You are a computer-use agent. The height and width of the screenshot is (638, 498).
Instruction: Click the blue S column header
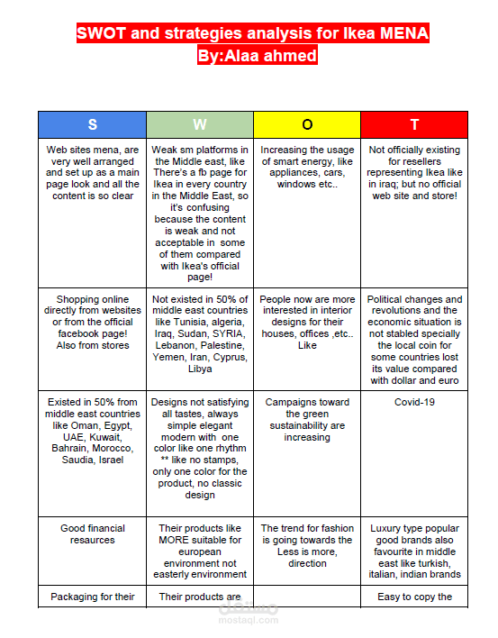tap(92, 124)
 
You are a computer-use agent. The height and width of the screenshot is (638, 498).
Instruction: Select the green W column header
tap(199, 124)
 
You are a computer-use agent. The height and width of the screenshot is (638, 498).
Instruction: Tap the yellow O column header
tap(307, 124)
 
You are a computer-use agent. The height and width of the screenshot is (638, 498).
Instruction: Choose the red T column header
tap(414, 124)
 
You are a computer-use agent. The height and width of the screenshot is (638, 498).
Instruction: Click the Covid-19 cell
tap(414, 402)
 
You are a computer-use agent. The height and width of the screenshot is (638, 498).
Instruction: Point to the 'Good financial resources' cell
tap(92, 534)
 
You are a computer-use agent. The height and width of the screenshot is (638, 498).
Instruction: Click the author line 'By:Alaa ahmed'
tap(257, 56)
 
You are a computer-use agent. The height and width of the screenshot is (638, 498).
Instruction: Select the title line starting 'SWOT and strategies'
tap(252, 34)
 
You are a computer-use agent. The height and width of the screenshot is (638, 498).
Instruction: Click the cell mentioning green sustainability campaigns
tap(307, 419)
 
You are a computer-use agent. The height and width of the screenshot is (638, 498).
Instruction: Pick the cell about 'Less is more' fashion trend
tap(307, 546)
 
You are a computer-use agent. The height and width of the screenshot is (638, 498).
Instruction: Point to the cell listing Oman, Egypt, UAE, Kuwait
tap(92, 431)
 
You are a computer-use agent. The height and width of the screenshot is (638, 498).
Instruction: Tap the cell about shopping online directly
tap(92, 322)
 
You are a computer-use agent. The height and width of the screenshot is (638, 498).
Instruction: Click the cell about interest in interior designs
tap(307, 322)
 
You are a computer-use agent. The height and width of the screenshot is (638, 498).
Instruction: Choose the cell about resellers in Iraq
tap(414, 172)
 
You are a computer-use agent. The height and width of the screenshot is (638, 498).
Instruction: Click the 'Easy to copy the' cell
tap(414, 597)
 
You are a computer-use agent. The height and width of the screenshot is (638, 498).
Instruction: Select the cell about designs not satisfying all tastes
tap(199, 448)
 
